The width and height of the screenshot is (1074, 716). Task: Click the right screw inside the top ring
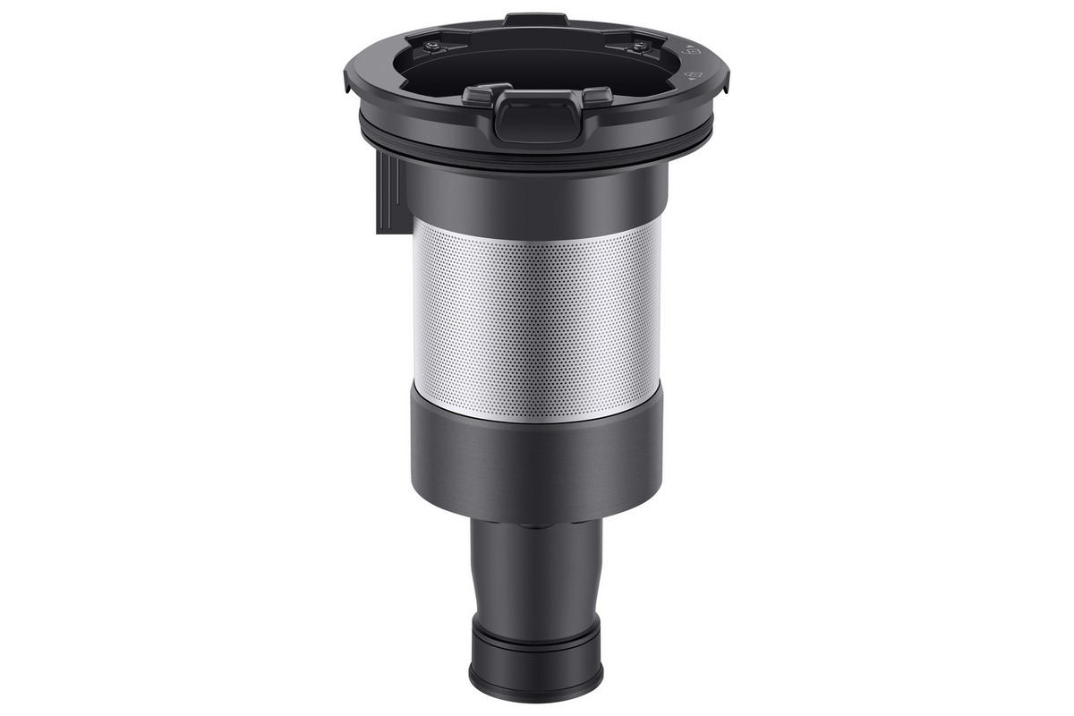click(x=642, y=46)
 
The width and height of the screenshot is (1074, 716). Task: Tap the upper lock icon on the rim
click(x=690, y=52)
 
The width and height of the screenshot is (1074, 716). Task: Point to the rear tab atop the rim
click(x=535, y=19)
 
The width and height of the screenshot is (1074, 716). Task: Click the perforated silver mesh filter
click(x=537, y=318)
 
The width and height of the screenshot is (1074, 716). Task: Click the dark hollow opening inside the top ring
click(x=537, y=58)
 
